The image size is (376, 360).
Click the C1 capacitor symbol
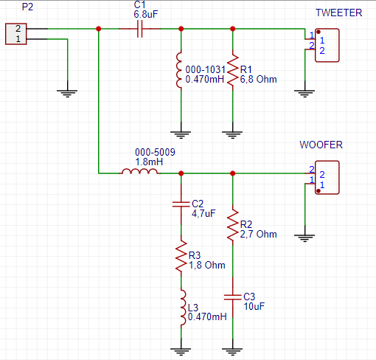pyautogui.click(x=139, y=29)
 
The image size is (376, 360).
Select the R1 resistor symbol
pyautogui.click(x=233, y=70)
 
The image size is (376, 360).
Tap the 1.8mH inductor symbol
pyautogui.click(x=139, y=171)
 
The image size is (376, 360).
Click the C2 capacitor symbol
pyautogui.click(x=181, y=204)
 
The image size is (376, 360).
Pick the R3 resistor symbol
pyautogui.click(x=181, y=256)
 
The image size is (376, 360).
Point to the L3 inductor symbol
pyautogui.click(x=183, y=308)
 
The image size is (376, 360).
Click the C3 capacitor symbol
pyautogui.click(x=233, y=297)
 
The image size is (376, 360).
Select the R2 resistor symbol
pyautogui.click(x=233, y=225)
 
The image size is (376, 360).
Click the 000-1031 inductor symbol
pyautogui.click(x=179, y=70)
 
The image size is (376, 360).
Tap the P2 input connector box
pyautogui.click(x=16, y=34)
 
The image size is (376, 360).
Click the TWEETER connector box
pyautogui.click(x=327, y=45)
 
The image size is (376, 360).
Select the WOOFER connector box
pyautogui.click(x=327, y=178)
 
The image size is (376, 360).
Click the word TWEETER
pyautogui.click(x=339, y=13)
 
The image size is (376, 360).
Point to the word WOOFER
pyautogui.click(x=321, y=145)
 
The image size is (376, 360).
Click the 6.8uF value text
pyautogui.click(x=146, y=14)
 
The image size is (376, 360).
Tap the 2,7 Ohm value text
pyautogui.click(x=258, y=234)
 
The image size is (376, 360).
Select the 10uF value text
pyautogui.click(x=254, y=306)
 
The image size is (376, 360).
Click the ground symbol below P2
pyautogui.click(x=67, y=94)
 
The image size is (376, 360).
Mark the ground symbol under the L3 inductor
pyautogui.click(x=181, y=352)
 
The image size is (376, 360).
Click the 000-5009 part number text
pyautogui.click(x=155, y=152)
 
